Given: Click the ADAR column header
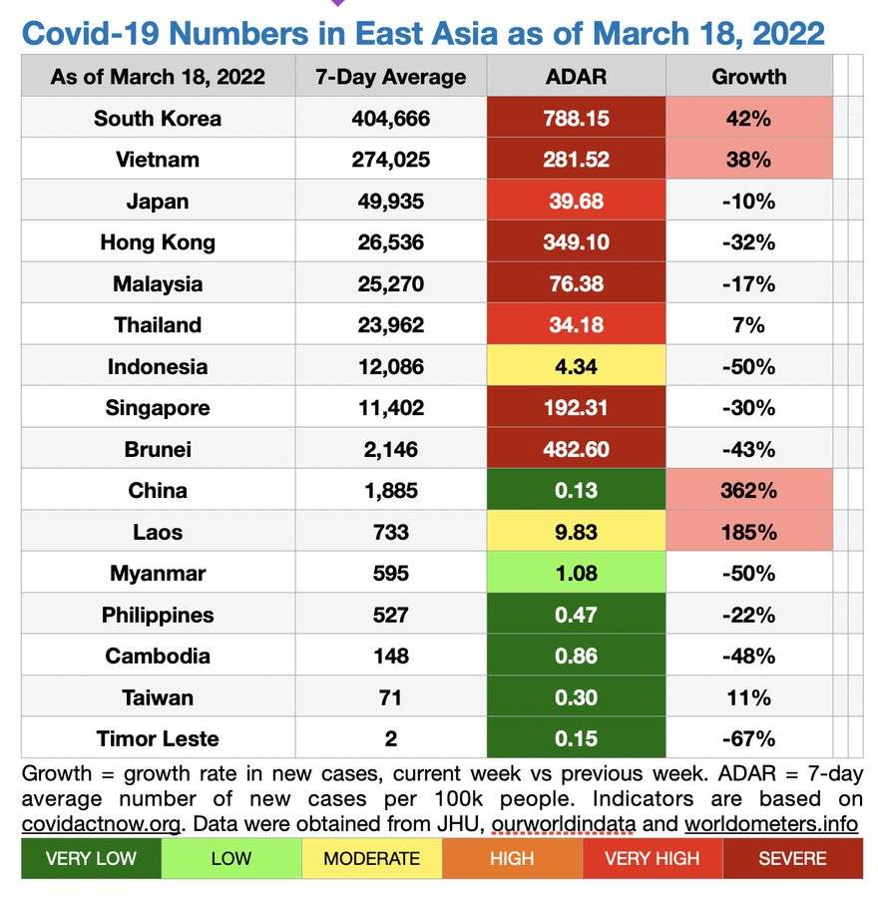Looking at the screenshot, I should (x=576, y=76).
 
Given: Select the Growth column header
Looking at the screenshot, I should (x=748, y=76).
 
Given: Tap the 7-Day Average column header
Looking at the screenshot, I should (x=390, y=76).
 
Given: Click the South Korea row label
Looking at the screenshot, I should (x=158, y=118).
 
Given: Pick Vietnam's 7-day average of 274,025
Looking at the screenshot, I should (x=390, y=160).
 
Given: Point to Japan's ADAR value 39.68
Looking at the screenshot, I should (x=576, y=201).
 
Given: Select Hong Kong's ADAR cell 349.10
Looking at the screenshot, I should (x=576, y=242).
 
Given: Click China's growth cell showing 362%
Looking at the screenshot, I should (x=748, y=490).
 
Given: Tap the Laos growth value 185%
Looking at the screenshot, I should (x=748, y=532).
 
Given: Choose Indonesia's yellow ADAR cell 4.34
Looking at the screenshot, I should (x=576, y=366).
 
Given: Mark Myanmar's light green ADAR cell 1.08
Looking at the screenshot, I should (x=576, y=573).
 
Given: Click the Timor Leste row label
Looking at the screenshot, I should (x=158, y=738).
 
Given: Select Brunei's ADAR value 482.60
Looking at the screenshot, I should (x=576, y=449).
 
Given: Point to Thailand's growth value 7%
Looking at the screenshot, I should (x=748, y=324).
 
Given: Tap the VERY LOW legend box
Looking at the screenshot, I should (x=91, y=858).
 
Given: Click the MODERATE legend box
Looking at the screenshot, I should (x=371, y=858).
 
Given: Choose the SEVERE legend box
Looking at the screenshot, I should (x=792, y=858).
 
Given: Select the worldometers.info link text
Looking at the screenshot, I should (x=770, y=824).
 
